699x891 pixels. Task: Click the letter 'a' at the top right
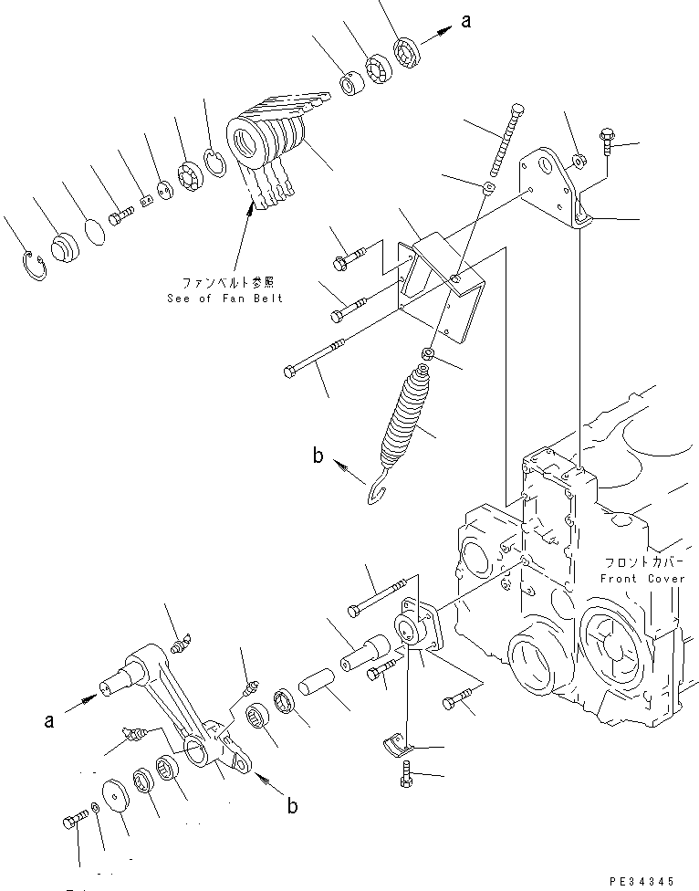[x=465, y=22]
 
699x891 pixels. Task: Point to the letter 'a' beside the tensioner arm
[x=48, y=721]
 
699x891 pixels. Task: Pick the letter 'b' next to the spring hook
[x=318, y=456]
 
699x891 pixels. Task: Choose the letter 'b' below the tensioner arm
[x=291, y=805]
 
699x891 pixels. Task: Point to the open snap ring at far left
[x=33, y=266]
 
